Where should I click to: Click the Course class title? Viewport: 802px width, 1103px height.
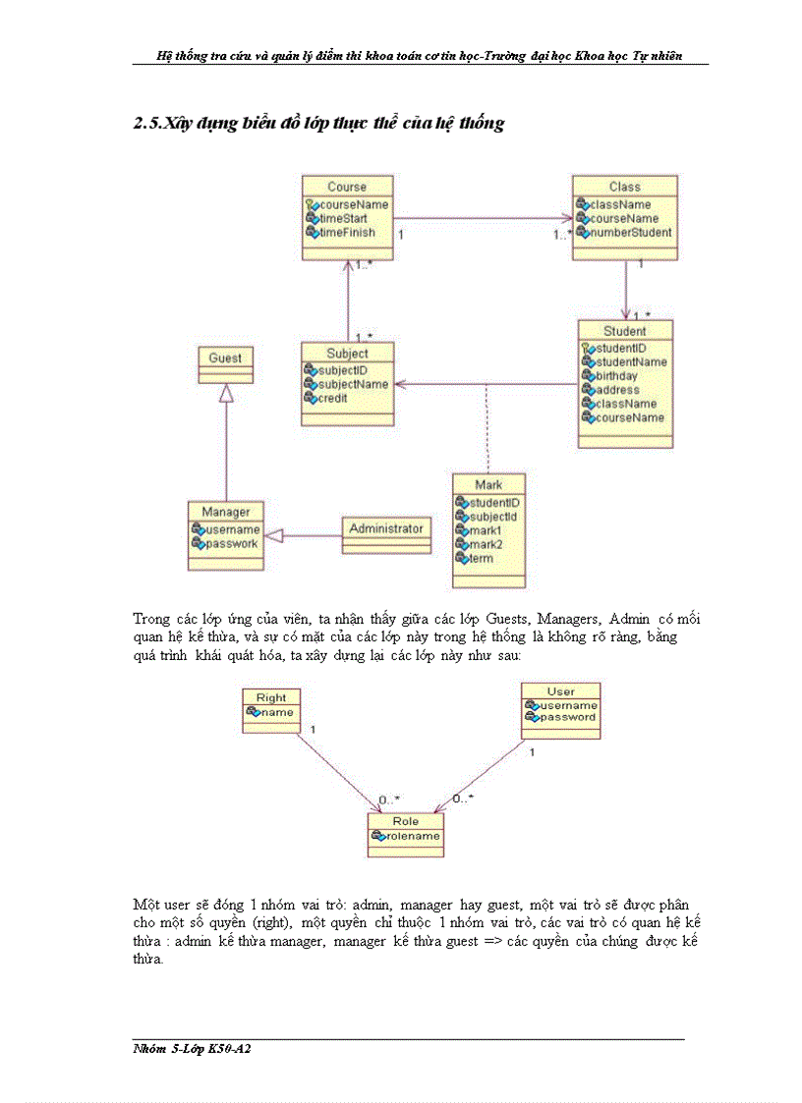point(347,187)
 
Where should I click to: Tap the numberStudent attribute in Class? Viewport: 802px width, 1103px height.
point(630,233)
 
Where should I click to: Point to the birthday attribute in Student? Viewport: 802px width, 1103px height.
point(615,376)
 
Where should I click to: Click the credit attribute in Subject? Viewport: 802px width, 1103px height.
point(332,399)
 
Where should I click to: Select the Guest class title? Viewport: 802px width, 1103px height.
point(225,358)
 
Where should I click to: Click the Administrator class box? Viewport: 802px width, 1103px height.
point(386,528)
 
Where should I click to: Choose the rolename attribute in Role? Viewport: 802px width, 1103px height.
point(411,837)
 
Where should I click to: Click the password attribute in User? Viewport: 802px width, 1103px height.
point(566,717)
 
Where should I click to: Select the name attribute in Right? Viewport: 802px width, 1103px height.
point(276,712)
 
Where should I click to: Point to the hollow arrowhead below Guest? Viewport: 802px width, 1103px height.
point(226,394)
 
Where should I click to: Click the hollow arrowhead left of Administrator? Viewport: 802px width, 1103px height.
point(275,535)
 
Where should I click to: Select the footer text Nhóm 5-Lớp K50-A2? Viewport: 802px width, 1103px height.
point(186,1048)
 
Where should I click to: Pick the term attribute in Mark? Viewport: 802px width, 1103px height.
point(481,558)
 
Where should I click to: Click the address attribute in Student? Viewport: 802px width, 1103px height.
point(616,390)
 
